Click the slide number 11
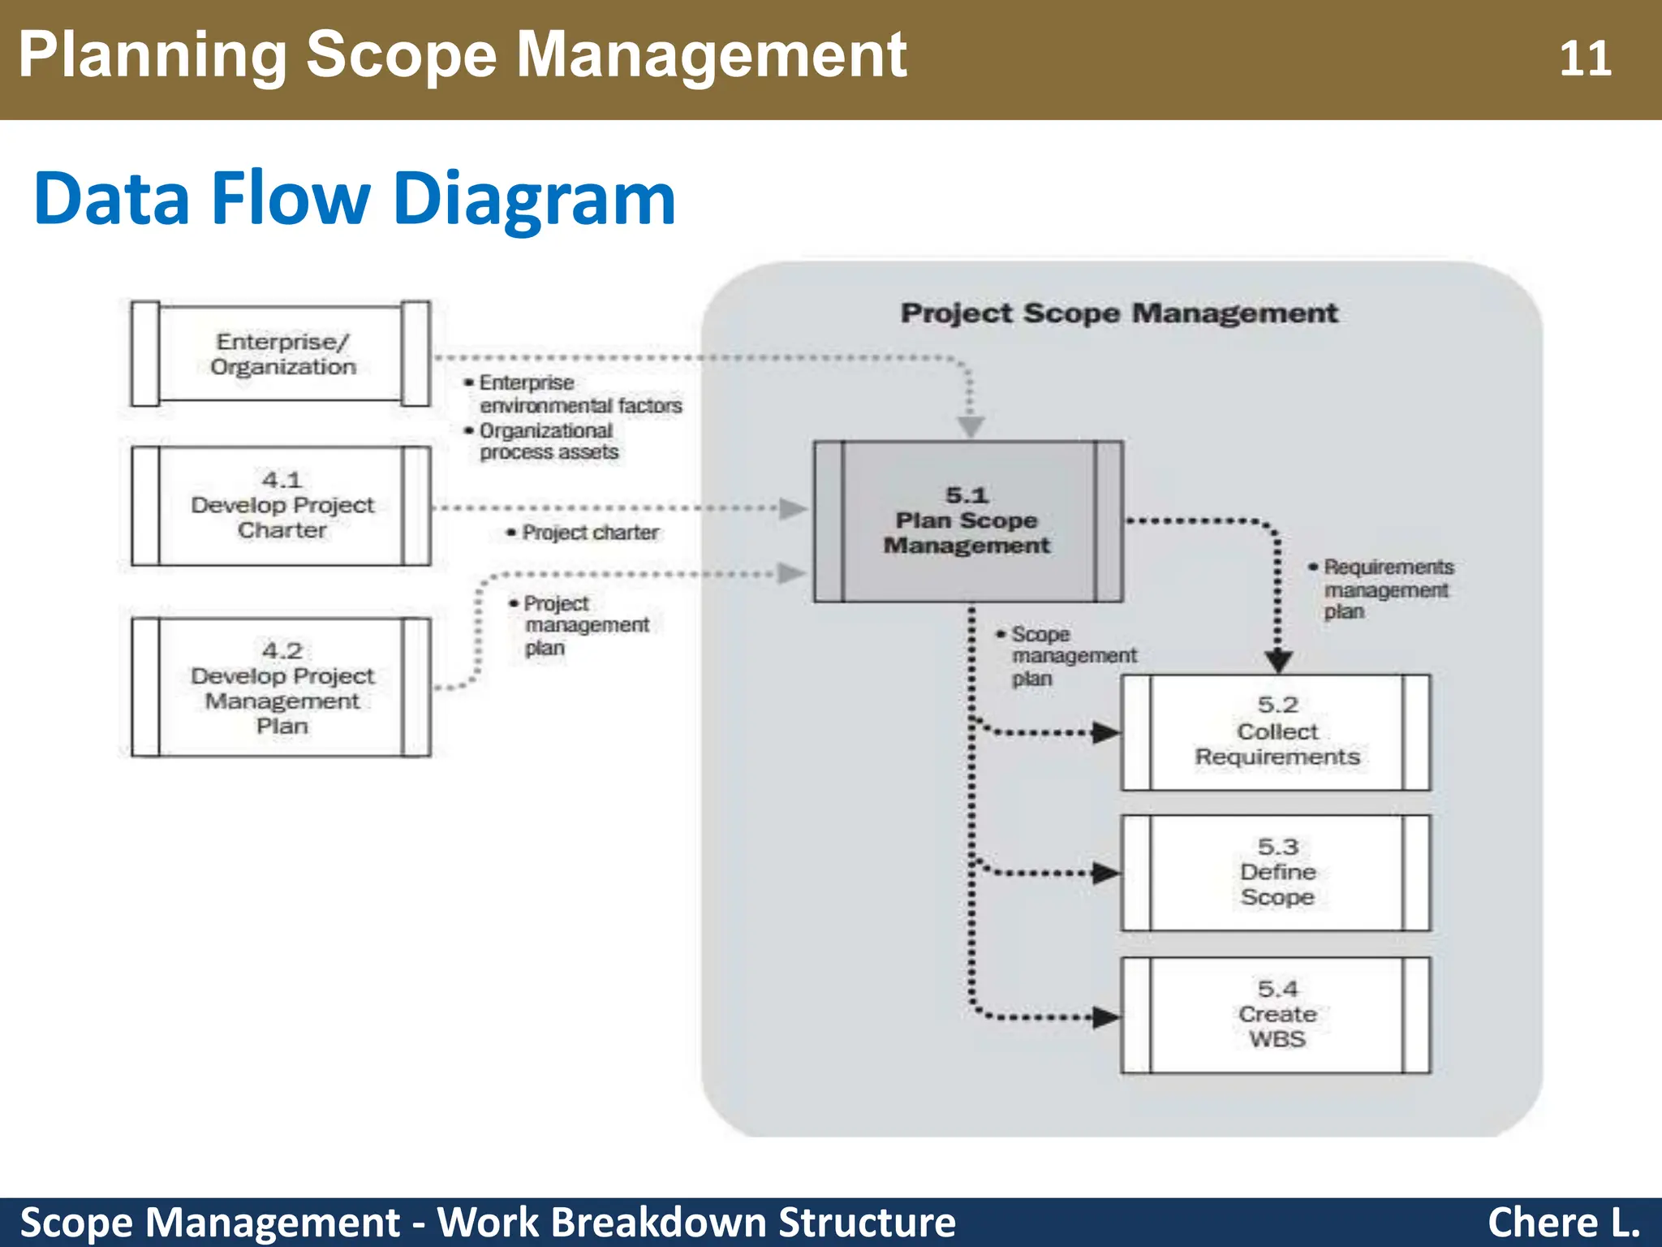[1584, 59]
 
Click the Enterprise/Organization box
[282, 354]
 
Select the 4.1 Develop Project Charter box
[282, 505]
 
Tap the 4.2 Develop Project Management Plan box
[282, 688]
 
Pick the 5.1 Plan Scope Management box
[967, 521]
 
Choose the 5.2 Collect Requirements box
[1276, 732]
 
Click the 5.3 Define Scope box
[1276, 873]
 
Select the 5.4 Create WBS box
[1276, 1015]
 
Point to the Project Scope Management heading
[1118, 313]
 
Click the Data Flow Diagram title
[355, 199]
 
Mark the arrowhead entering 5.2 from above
[1278, 661]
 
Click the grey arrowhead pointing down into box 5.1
[971, 426]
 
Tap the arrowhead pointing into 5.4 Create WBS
[1105, 1016]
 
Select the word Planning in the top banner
[153, 55]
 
